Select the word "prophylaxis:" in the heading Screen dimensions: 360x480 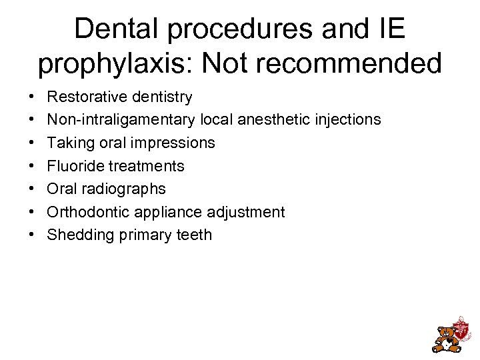pos(116,64)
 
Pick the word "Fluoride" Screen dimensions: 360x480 pos(75,166)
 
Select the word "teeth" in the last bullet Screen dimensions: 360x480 pos(193,235)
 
